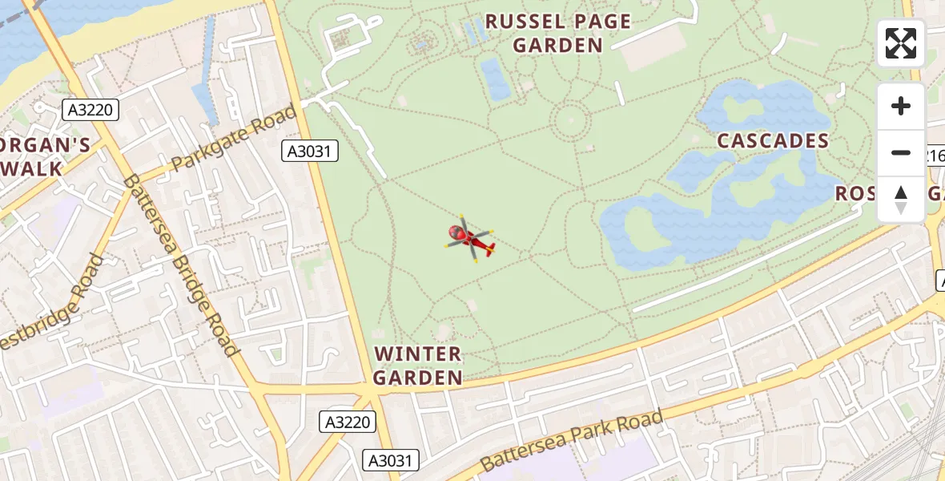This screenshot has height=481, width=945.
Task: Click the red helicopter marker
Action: click(470, 239)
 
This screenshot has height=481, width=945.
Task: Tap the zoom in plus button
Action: click(901, 106)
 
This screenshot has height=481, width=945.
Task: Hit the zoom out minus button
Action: click(901, 152)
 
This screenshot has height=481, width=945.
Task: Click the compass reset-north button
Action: click(901, 199)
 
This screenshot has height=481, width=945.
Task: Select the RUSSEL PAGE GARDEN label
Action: click(558, 33)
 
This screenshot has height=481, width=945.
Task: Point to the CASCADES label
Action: click(773, 141)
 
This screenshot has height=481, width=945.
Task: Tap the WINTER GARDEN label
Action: click(418, 365)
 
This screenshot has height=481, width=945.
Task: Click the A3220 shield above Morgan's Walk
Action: click(90, 110)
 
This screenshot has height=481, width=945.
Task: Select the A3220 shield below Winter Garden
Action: click(348, 422)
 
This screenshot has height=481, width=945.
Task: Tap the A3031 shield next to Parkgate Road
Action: click(310, 151)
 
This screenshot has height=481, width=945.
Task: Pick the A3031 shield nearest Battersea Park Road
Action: click(391, 460)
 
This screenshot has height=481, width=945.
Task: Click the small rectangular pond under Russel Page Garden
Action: click(496, 79)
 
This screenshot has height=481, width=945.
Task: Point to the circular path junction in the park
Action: click(571, 122)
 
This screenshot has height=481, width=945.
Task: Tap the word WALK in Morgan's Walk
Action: click(32, 168)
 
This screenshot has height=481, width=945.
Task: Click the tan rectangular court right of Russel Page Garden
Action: click(649, 53)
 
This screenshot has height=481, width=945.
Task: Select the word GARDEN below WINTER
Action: click(418, 377)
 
